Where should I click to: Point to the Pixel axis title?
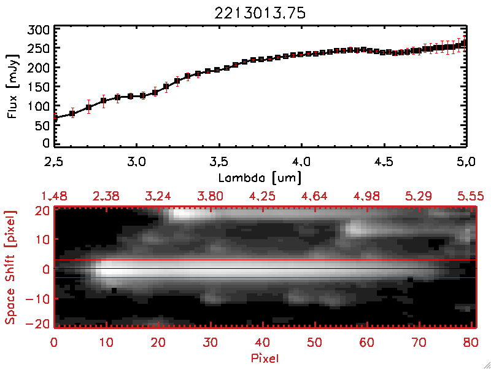(x=265, y=357)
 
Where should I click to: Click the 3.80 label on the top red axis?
(x=211, y=196)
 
